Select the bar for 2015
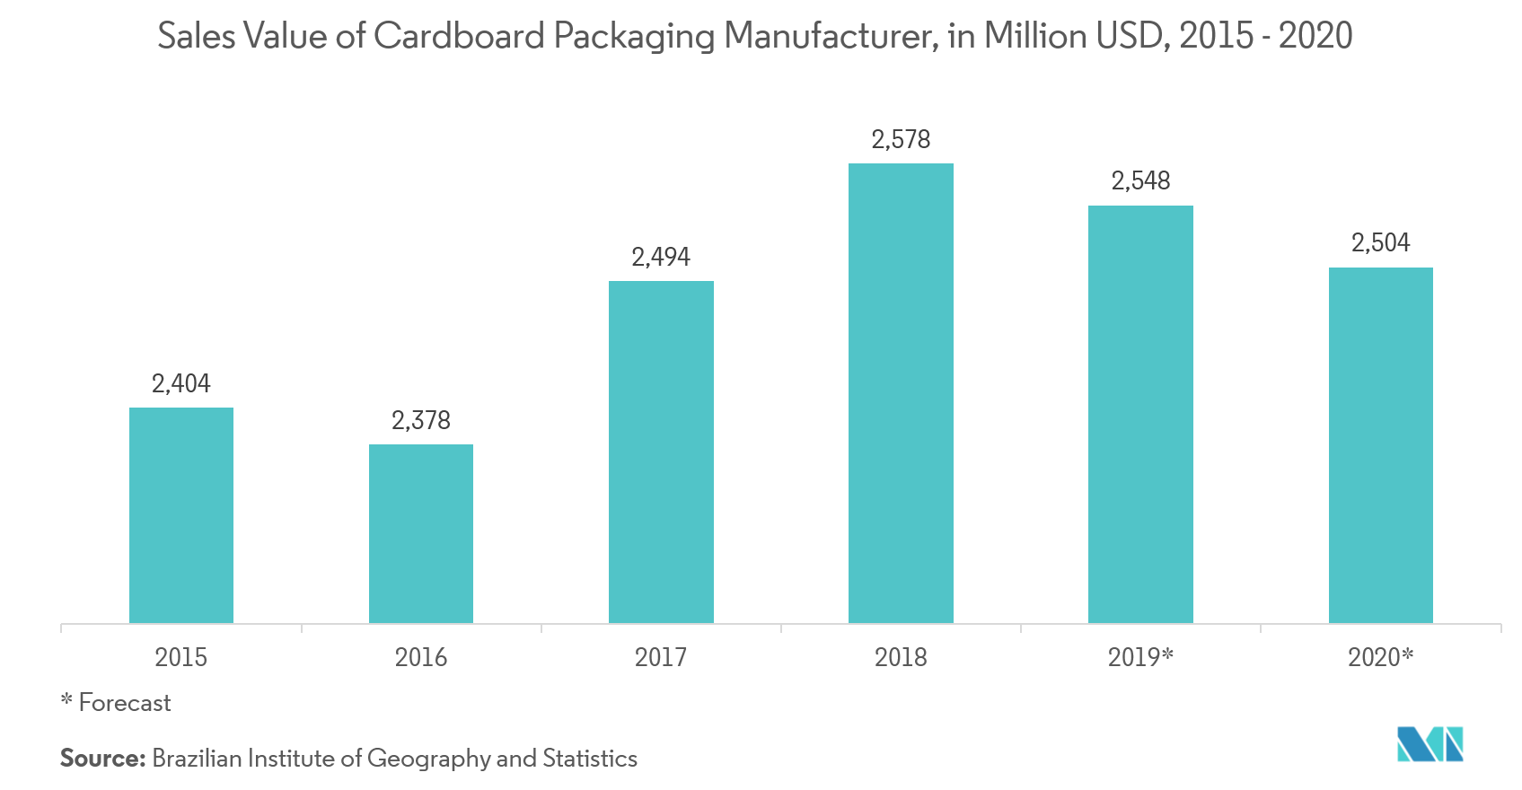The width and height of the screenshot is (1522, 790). point(181,515)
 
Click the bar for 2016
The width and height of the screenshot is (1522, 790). point(421,533)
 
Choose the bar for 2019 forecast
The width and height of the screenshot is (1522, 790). point(1140,414)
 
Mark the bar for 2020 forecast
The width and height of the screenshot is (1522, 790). point(1381,445)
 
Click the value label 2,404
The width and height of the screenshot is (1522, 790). point(181,384)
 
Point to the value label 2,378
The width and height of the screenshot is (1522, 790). point(421,420)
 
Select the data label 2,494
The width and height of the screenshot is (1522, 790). point(661,258)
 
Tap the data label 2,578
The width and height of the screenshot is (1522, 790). point(901,139)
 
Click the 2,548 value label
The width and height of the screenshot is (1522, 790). point(1140,181)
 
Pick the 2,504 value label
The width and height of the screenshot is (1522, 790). point(1381,242)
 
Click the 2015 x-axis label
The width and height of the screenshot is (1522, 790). point(181,657)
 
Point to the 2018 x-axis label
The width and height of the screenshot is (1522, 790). point(901,657)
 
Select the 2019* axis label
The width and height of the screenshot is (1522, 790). point(1140,657)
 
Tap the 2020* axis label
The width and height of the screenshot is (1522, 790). point(1381,657)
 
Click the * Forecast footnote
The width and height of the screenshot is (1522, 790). point(116,703)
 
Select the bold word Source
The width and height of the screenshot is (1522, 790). point(101,759)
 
